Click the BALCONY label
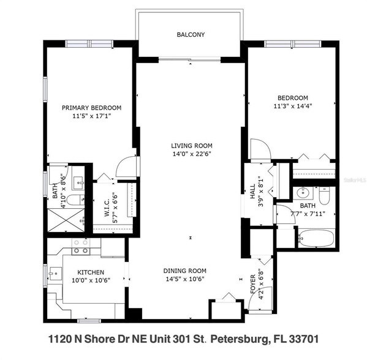[x=191, y=35]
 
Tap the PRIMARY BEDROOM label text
[x=91, y=107]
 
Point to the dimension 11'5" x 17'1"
[x=91, y=116]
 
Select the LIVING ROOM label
[x=191, y=146]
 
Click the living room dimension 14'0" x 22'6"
[x=191, y=154]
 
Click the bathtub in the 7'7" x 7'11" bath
[x=315, y=238]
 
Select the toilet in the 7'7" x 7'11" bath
[x=324, y=195]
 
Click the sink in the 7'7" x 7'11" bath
[x=303, y=194]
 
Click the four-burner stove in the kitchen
[x=81, y=246]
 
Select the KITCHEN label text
[x=90, y=272]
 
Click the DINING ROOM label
[x=184, y=271]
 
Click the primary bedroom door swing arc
[x=125, y=166]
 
